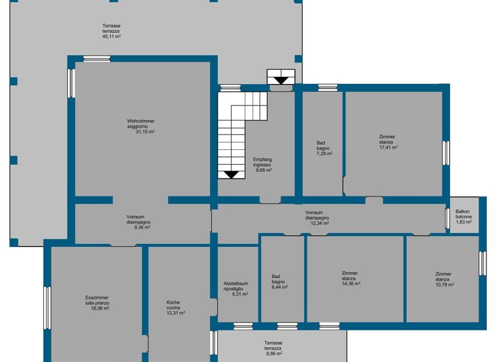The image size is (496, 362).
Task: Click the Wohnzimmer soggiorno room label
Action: click(x=140, y=126)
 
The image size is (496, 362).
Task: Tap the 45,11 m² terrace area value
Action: click(x=111, y=37)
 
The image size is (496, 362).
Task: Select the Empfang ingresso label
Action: click(x=262, y=165)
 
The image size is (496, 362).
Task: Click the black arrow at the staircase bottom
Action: click(x=231, y=174)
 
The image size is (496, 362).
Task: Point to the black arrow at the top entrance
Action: click(x=281, y=80)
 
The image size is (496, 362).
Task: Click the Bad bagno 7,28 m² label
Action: click(x=324, y=149)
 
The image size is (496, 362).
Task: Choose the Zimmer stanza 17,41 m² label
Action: click(x=387, y=142)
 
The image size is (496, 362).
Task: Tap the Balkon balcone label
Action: click(x=463, y=217)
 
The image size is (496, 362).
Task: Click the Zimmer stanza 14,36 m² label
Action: click(x=351, y=278)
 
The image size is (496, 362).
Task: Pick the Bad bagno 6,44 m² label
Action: click(x=279, y=282)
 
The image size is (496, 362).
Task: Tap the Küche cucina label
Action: click(x=176, y=308)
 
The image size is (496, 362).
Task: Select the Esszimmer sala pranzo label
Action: click(x=97, y=303)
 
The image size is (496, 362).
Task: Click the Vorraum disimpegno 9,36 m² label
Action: click(x=138, y=222)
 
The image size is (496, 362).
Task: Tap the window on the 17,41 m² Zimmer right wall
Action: click(x=446, y=153)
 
